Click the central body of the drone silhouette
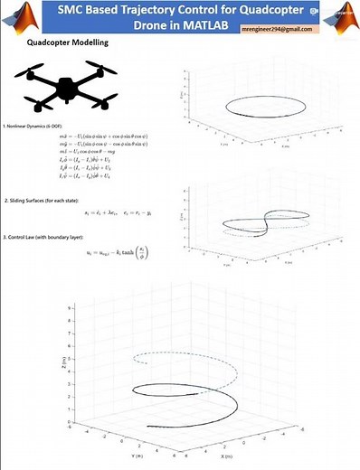coord(68,88)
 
